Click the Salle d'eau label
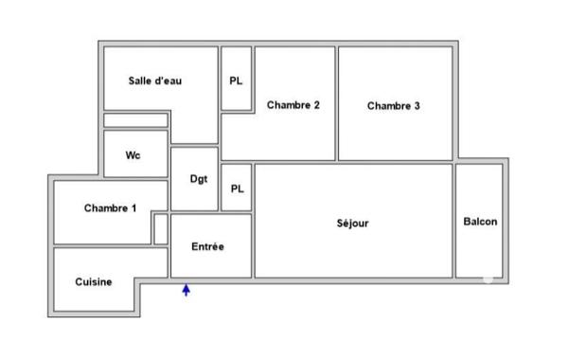(x=155, y=81)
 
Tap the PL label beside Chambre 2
(x=237, y=81)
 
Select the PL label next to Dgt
(x=237, y=189)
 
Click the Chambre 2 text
(x=293, y=105)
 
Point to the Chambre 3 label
(x=393, y=106)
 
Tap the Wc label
(x=133, y=155)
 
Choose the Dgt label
(x=199, y=179)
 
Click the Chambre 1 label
(x=110, y=208)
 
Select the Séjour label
(x=352, y=225)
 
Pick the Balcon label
(x=480, y=222)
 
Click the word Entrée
(x=208, y=247)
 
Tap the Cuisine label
(x=95, y=281)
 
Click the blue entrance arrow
(x=186, y=290)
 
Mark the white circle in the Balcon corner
(x=488, y=279)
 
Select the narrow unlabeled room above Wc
(x=135, y=120)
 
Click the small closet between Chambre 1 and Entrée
(x=161, y=228)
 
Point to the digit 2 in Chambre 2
(x=316, y=105)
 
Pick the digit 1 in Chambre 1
(x=133, y=208)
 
